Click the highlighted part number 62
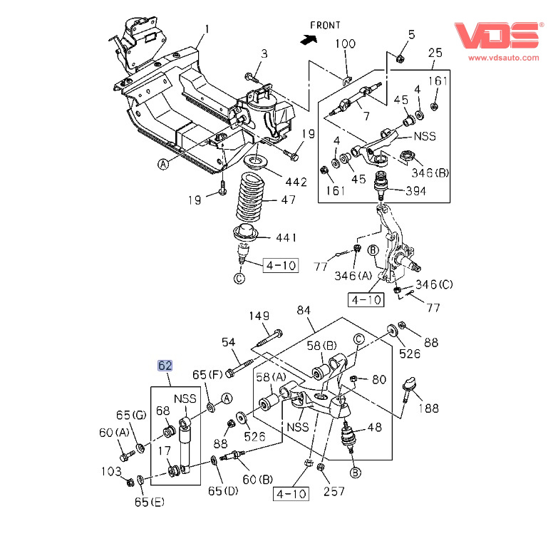click(165, 366)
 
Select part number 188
click(428, 408)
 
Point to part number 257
click(334, 491)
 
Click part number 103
click(110, 471)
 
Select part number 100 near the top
click(345, 44)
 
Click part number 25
click(435, 53)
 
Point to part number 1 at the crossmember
click(207, 29)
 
